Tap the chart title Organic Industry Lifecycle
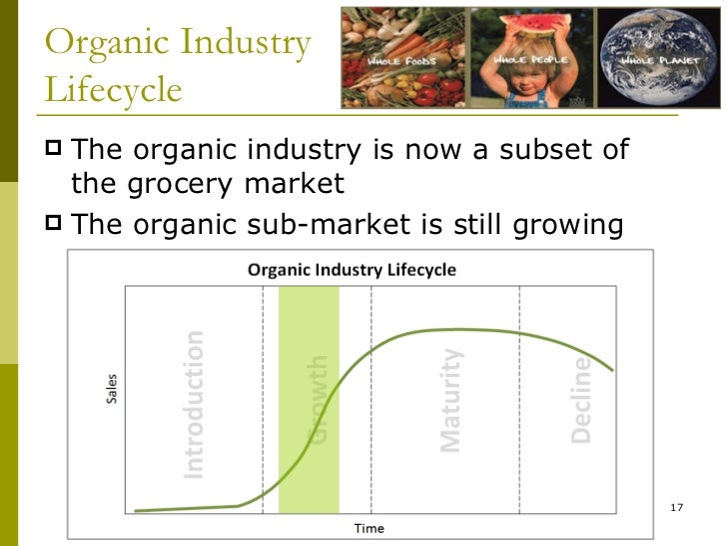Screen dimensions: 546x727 click(352, 270)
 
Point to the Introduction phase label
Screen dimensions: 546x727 click(194, 403)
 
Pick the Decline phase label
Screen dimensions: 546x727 click(581, 400)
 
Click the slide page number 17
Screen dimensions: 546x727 click(676, 510)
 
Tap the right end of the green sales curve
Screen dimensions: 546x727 click(611, 370)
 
